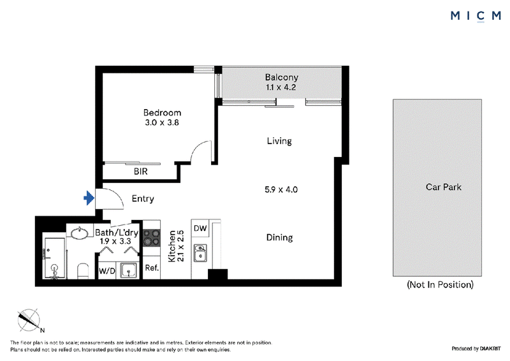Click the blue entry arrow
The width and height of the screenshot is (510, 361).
tap(89, 198)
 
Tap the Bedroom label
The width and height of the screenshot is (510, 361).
tap(162, 113)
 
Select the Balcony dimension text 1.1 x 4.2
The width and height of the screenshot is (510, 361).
tap(280, 87)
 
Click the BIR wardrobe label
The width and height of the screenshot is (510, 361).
tap(140, 171)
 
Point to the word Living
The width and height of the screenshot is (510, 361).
tap(279, 141)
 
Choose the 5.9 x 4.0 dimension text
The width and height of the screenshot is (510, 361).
tap(281, 189)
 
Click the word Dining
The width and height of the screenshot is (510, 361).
tap(279, 238)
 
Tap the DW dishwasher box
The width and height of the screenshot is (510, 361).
tap(200, 228)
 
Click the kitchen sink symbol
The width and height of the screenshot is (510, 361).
tap(200, 253)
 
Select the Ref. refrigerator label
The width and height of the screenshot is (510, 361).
tap(152, 268)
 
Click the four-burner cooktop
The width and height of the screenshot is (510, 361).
tap(152, 237)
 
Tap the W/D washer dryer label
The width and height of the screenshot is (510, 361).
tap(106, 271)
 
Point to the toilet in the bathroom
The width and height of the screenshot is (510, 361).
tap(83, 271)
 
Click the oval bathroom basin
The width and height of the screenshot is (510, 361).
tap(79, 233)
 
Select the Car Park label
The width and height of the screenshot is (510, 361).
tap(443, 187)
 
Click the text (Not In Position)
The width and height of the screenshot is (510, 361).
tap(440, 284)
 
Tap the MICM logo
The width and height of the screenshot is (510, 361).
tap(476, 16)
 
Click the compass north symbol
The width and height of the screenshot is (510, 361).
tap(29, 320)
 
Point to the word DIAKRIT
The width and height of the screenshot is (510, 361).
tap(490, 349)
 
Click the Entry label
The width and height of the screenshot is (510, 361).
tap(143, 199)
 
